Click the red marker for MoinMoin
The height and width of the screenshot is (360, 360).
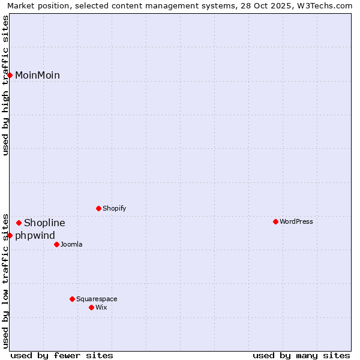[x=10, y=75]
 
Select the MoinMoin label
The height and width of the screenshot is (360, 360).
[x=37, y=75]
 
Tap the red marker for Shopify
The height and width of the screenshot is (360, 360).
[x=98, y=209]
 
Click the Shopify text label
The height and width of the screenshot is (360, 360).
[x=114, y=209]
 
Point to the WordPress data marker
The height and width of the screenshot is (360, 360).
[x=275, y=222]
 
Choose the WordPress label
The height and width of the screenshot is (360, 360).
[x=296, y=222]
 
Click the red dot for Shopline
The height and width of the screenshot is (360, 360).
[x=19, y=223]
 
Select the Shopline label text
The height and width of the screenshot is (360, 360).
[x=44, y=223]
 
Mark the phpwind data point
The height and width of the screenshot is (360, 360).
[x=10, y=236]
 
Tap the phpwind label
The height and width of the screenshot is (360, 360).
[x=35, y=236]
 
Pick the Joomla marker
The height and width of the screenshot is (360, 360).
[x=56, y=244]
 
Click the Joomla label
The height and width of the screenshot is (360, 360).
[x=71, y=244]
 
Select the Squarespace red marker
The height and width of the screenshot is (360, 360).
[x=72, y=299]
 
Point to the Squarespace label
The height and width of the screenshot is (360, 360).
[x=97, y=299]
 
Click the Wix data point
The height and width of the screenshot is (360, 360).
[x=91, y=307]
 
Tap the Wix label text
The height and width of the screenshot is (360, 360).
[x=101, y=307]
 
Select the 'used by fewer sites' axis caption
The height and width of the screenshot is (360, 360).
[x=62, y=355]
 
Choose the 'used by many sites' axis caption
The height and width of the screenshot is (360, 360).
[x=301, y=355]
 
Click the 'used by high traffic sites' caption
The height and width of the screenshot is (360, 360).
[x=6, y=85]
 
